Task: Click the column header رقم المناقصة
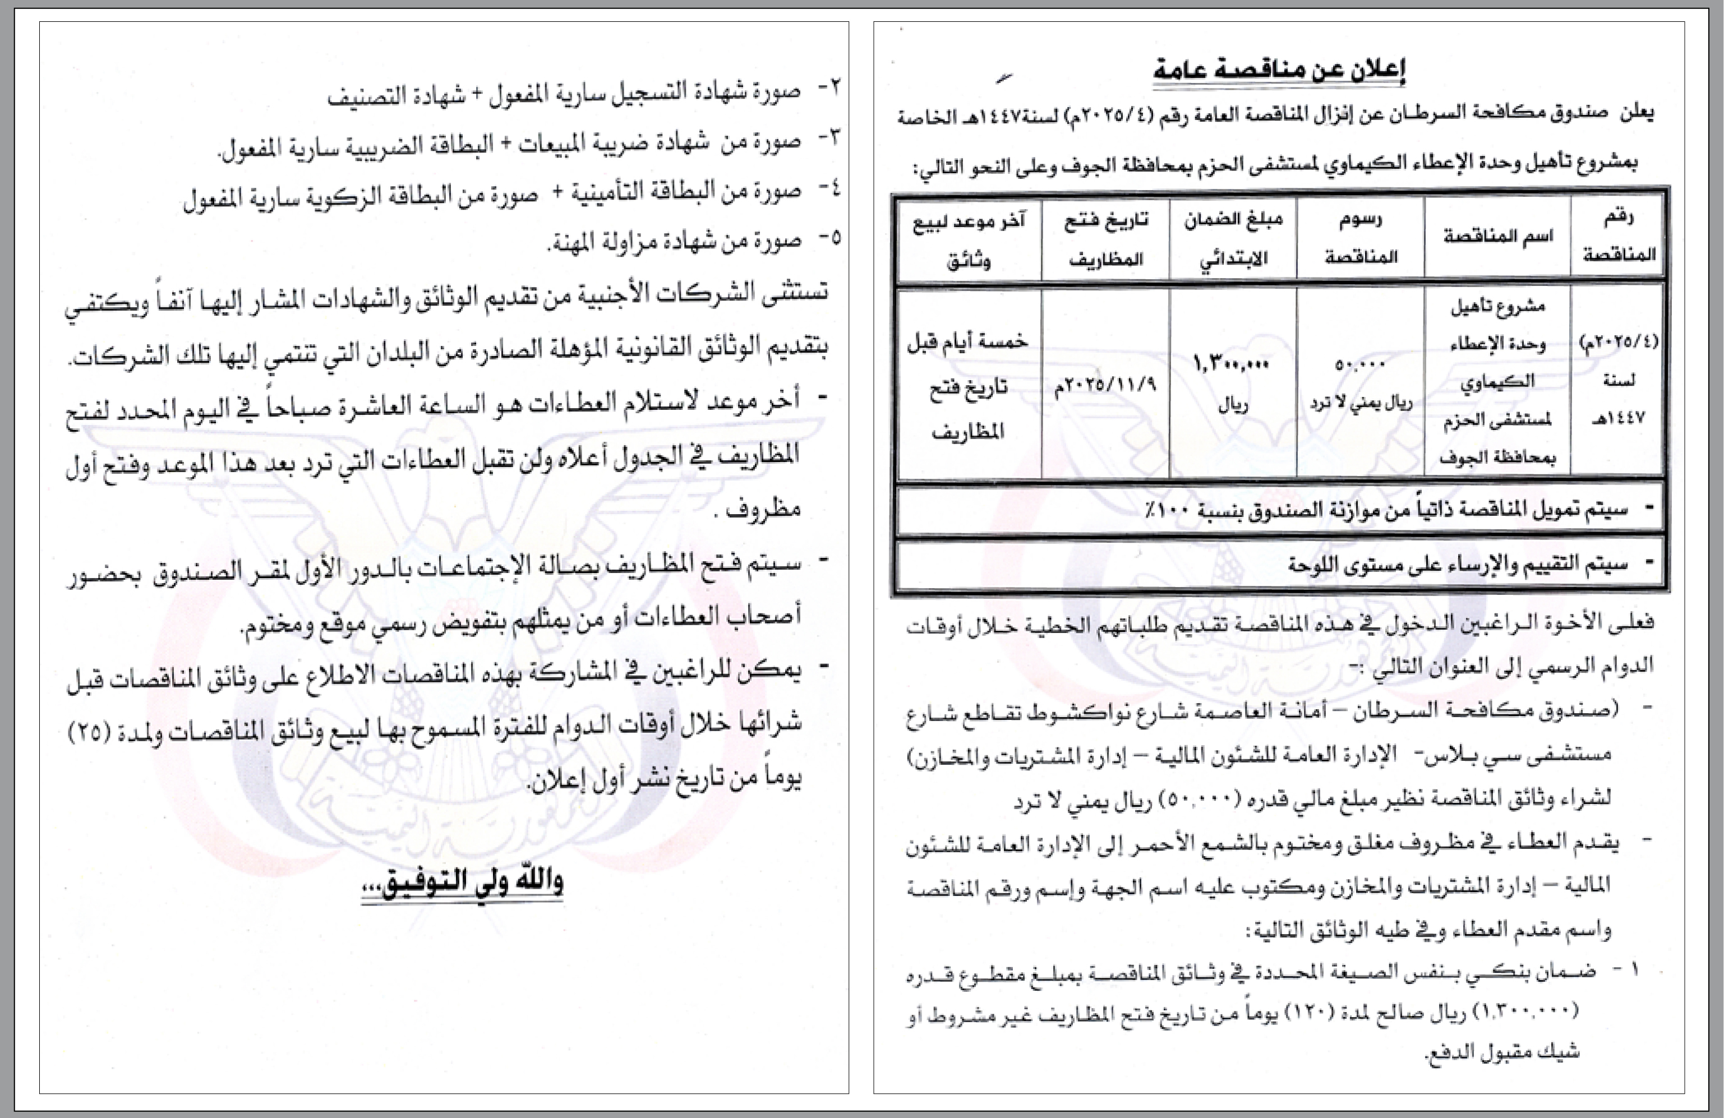[1618, 236]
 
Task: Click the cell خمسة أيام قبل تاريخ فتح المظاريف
[969, 386]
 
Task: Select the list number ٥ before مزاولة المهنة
[834, 238]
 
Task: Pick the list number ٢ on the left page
[834, 89]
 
